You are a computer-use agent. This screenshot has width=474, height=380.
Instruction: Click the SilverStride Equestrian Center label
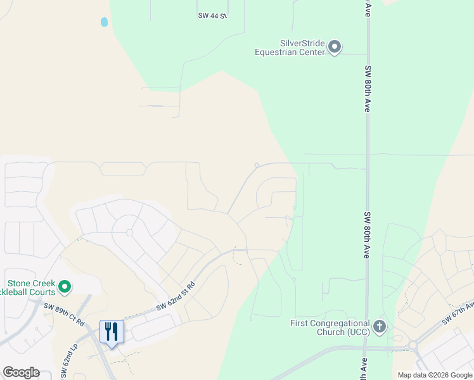tap(290, 47)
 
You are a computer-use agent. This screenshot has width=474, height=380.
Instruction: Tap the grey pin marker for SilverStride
tap(335, 47)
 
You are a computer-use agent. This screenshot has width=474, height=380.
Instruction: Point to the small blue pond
tap(104, 22)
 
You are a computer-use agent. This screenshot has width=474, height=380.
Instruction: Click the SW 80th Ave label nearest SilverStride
tap(367, 88)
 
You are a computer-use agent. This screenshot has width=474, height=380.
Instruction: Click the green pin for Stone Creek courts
tap(64, 288)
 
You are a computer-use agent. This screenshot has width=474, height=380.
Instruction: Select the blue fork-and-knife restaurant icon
tap(112, 331)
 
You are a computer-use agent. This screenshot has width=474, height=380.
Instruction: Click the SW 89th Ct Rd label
tap(64, 313)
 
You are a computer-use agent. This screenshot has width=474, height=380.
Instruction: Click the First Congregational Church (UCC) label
tap(327, 327)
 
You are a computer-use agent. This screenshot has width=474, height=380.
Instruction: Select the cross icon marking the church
tap(380, 327)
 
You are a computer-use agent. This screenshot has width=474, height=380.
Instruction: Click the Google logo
tap(21, 372)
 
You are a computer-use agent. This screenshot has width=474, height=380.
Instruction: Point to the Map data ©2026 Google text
tap(434, 375)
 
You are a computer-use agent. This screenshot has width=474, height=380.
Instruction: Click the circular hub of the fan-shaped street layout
tap(129, 232)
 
